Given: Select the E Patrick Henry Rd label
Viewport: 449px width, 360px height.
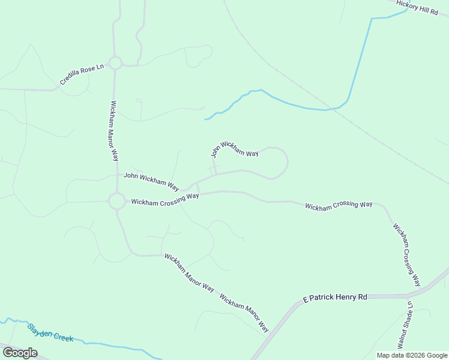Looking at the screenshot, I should (335, 298).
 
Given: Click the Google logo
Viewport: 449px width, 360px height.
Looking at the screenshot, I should (20, 353).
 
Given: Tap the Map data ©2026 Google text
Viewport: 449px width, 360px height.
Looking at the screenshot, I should (412, 355).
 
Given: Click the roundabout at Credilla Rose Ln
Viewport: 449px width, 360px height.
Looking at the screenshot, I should (115, 62).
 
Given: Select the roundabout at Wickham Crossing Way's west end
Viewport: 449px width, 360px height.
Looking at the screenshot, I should (116, 201).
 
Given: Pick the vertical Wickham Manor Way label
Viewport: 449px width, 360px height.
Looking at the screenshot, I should (114, 130).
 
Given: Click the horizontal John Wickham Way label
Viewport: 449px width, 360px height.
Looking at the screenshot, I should (151, 180).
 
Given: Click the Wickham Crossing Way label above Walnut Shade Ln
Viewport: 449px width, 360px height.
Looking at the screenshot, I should (339, 205).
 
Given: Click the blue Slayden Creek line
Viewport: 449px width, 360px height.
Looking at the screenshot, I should (120, 347).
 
